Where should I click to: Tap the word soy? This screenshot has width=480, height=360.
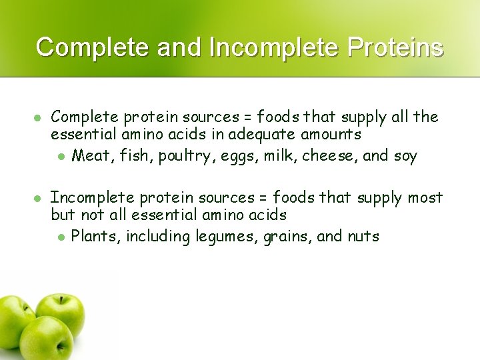tap(404, 157)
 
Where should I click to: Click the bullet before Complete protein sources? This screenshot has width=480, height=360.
tap(38, 117)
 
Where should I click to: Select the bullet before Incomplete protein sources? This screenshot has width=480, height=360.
tap(38, 197)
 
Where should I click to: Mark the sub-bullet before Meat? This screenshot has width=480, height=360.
tap(60, 157)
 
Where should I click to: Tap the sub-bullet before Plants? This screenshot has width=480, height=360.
tap(60, 237)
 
